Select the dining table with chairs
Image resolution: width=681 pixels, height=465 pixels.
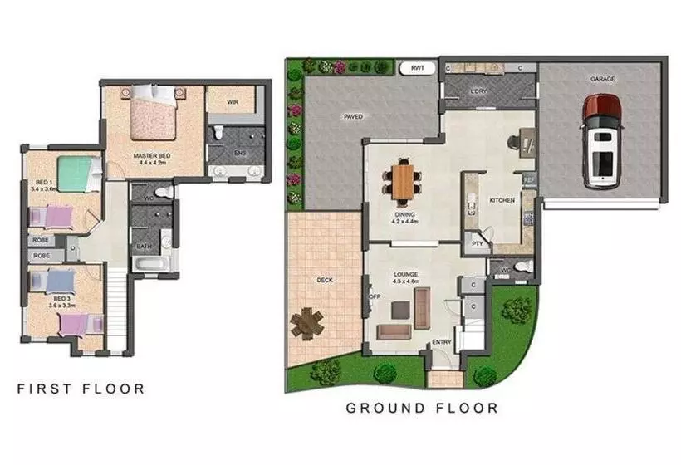[404, 180]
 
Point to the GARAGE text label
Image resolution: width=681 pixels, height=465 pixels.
[602, 79]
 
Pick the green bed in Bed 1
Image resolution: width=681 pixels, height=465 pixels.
[81, 174]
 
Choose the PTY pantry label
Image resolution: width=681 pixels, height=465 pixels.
[476, 244]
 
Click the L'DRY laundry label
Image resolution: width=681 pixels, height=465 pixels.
[478, 91]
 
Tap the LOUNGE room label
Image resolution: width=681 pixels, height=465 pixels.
[406, 274]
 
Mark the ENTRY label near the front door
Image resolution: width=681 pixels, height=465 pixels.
[441, 342]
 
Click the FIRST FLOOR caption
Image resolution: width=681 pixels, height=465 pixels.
[81, 389]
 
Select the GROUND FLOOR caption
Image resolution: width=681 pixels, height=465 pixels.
[422, 408]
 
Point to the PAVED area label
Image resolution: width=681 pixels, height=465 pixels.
[354, 117]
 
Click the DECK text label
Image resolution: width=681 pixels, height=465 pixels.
[325, 280]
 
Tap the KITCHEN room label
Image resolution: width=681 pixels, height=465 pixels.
[502, 201]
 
